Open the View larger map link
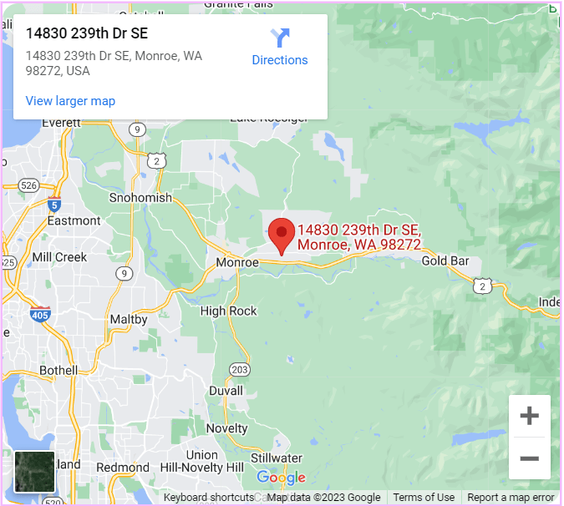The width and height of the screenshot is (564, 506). click(70, 101)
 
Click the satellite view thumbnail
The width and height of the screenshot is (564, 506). click(34, 472)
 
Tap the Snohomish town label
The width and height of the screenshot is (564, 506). click(140, 198)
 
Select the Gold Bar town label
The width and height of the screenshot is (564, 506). click(445, 261)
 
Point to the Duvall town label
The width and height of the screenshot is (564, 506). click(226, 391)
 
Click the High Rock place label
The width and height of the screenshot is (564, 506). click(229, 311)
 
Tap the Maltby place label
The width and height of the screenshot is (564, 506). click(129, 319)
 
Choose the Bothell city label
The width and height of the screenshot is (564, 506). click(58, 370)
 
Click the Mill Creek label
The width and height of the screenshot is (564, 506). click(59, 257)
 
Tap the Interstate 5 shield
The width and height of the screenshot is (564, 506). click(54, 203)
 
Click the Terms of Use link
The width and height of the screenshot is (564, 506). click(424, 498)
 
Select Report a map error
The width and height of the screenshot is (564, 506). click(511, 498)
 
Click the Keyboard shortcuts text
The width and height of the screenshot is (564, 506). click(209, 498)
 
